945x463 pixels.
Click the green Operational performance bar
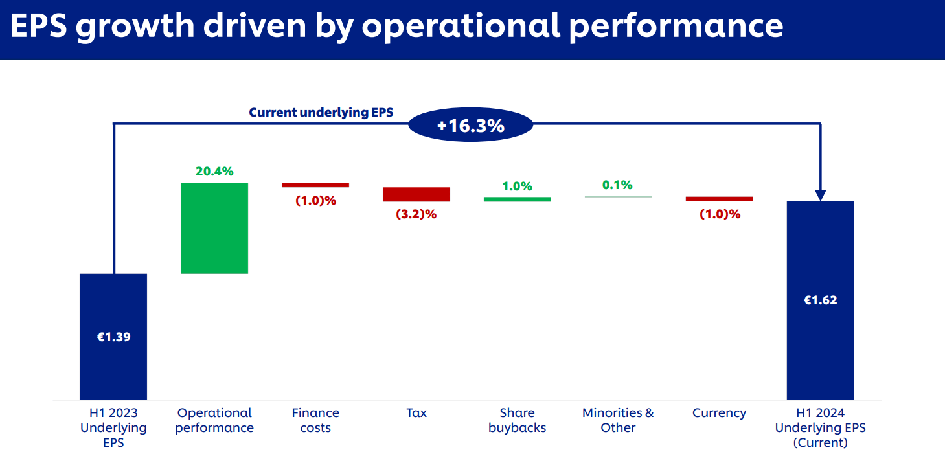pyautogui.click(x=214, y=228)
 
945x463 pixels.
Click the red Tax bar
pyautogui.click(x=416, y=194)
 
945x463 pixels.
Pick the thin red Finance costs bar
pyautogui.click(x=315, y=185)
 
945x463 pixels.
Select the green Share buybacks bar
pyautogui.click(x=517, y=199)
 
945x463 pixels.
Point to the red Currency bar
pyautogui.click(x=719, y=199)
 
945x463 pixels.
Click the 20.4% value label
pyautogui.click(x=214, y=172)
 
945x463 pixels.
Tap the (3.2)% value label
pyautogui.click(x=416, y=214)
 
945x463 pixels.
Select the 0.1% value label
pyautogui.click(x=617, y=185)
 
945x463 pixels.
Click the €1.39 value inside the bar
pyautogui.click(x=113, y=337)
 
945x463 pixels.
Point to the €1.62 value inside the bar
pyautogui.click(x=820, y=300)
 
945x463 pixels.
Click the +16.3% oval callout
pyautogui.click(x=470, y=125)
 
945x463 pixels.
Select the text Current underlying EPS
pyautogui.click(x=321, y=113)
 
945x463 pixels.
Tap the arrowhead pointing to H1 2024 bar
pyautogui.click(x=820, y=195)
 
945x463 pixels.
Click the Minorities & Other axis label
pyautogui.click(x=618, y=420)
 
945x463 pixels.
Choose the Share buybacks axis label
pyautogui.click(x=517, y=420)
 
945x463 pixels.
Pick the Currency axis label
pyautogui.click(x=719, y=413)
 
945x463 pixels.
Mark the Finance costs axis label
pyautogui.click(x=315, y=420)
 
